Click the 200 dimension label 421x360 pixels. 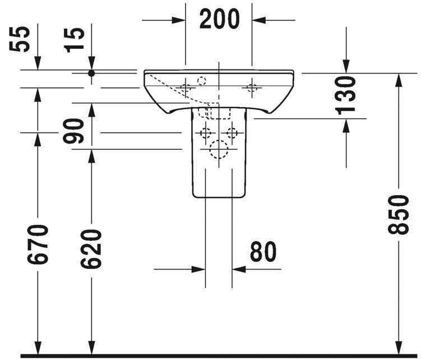point(219,19)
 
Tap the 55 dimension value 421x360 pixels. point(19,39)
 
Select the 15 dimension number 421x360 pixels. point(74,40)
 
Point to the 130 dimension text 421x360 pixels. point(346,95)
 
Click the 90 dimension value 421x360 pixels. point(73,131)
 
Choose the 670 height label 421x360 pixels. point(38,244)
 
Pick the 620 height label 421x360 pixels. point(91,249)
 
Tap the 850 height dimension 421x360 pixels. point(399,215)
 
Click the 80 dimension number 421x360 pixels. point(263,252)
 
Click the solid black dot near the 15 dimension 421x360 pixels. point(91,73)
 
